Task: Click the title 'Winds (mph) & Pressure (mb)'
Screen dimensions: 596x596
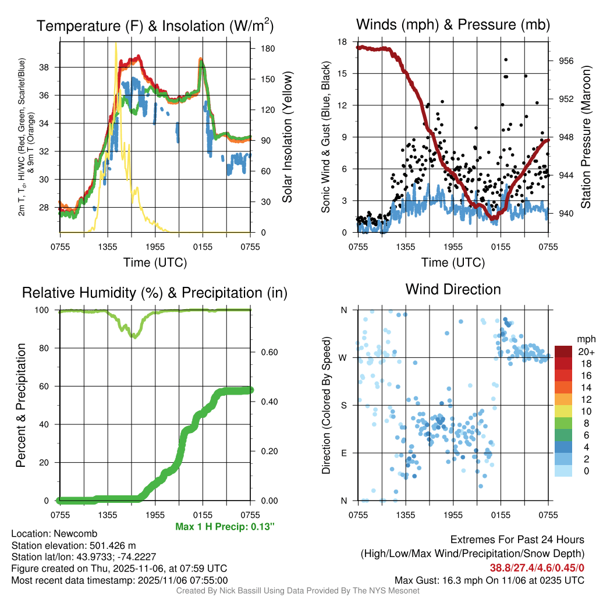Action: click(453, 25)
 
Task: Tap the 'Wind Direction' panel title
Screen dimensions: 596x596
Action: click(453, 289)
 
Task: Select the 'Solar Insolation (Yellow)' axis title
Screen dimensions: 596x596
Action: click(286, 137)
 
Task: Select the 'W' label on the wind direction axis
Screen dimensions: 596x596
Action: click(344, 357)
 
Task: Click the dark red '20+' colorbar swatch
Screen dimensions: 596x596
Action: click(563, 352)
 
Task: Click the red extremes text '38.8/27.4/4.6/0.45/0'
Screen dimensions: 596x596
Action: click(537, 567)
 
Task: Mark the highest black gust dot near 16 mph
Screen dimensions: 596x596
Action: click(506, 59)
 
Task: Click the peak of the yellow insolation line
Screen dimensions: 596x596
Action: click(116, 43)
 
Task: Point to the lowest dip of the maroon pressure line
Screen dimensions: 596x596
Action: click(494, 218)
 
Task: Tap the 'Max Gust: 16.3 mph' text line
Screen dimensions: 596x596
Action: click(489, 580)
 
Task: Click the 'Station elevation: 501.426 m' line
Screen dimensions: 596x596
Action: click(73, 545)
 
